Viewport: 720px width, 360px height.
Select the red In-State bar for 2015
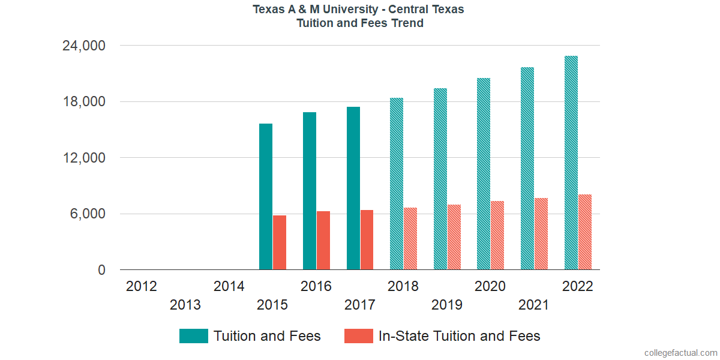click(x=280, y=242)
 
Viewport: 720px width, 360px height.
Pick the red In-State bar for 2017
click(x=367, y=240)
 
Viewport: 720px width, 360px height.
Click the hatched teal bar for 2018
click(x=397, y=184)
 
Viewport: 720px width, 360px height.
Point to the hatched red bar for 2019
click(x=454, y=237)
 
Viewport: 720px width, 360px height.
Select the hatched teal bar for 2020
click(x=484, y=174)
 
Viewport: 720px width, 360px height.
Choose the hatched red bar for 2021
click(x=541, y=234)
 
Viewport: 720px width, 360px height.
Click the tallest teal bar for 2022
click(x=571, y=163)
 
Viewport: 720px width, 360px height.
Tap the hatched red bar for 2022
click(x=585, y=232)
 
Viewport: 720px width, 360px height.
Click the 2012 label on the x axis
click(x=142, y=286)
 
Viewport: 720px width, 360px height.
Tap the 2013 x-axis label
click(x=185, y=305)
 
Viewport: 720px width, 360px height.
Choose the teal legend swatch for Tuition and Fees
click(x=193, y=336)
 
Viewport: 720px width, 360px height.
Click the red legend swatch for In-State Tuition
click(x=359, y=336)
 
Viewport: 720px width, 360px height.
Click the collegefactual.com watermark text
click(x=680, y=353)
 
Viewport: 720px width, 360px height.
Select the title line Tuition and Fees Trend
click(x=360, y=23)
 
